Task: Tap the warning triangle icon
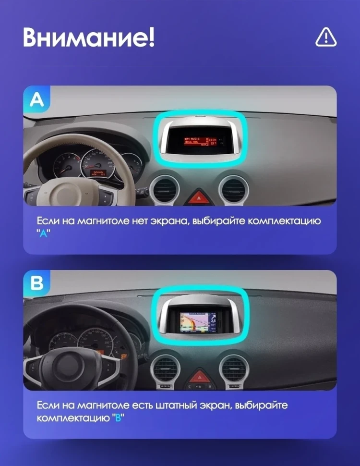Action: (326, 37)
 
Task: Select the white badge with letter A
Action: (37, 99)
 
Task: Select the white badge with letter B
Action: (37, 283)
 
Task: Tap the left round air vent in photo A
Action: (163, 190)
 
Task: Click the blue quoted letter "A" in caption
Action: (43, 233)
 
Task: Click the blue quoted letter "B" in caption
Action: (117, 417)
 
